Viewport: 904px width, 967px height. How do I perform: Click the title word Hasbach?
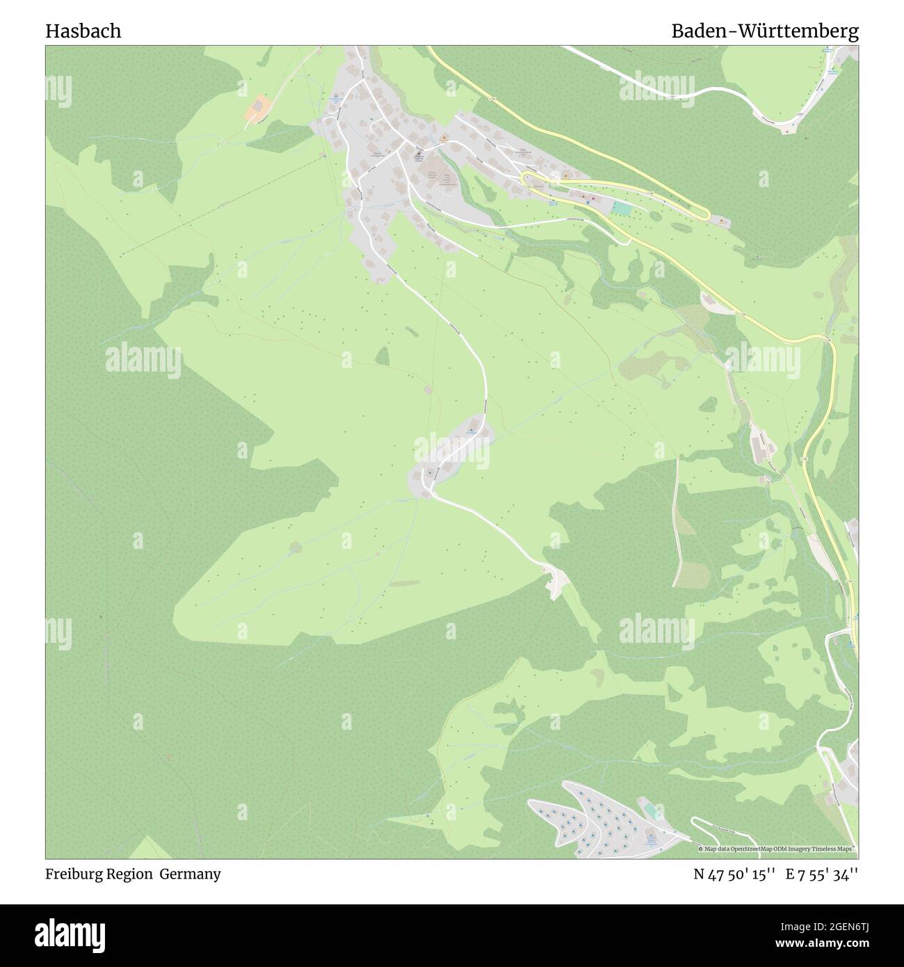coord(83,31)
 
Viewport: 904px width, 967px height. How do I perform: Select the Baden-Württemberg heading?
coord(764,31)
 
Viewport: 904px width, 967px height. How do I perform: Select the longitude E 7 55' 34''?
coord(822,874)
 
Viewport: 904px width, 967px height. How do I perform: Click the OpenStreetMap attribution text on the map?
coord(777,849)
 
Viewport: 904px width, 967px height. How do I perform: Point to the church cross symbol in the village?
coord(419,154)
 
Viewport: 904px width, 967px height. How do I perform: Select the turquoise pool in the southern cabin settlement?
coord(648,810)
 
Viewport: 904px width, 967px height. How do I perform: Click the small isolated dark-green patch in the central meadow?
coord(382,356)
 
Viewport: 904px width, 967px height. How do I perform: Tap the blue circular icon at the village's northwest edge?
coord(337,97)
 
